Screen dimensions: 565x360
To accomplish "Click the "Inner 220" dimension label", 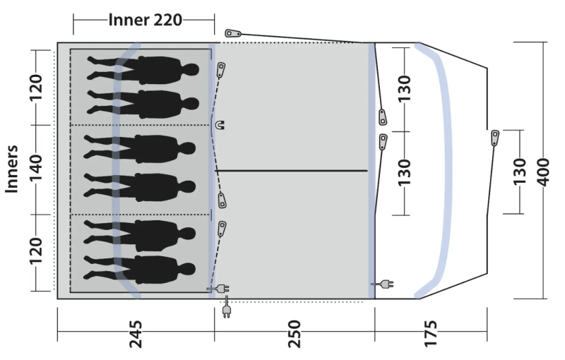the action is (145, 20).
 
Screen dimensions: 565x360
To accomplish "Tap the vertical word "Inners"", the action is (11, 169).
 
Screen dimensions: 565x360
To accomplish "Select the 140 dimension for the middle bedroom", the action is (35, 168).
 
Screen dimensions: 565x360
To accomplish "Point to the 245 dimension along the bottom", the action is (136, 335).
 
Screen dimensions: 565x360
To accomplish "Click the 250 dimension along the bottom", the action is (294, 334).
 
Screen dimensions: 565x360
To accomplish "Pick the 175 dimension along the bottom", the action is (431, 334).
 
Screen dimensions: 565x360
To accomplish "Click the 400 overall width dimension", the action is (543, 172).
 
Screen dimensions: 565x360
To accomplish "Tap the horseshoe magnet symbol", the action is (220, 125).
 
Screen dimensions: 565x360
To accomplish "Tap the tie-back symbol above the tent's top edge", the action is (233, 33).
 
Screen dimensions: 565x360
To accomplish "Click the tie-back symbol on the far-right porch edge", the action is (496, 138).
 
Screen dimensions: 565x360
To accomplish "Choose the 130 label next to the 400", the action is (520, 172).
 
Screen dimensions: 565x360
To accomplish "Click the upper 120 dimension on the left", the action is (35, 88).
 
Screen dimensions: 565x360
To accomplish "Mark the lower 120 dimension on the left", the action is (35, 251).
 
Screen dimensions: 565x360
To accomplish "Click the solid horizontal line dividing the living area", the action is (291, 170).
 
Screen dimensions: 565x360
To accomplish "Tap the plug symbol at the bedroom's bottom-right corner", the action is (218, 289).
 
